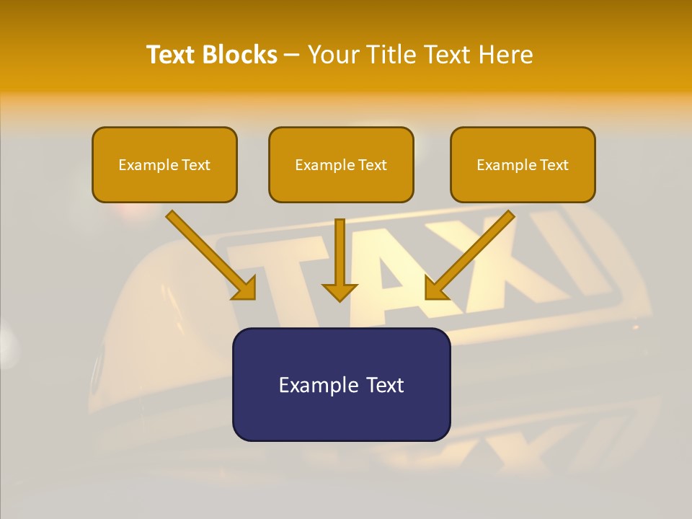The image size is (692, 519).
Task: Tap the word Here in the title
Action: tap(507, 55)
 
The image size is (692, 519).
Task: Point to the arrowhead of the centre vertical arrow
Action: tap(340, 293)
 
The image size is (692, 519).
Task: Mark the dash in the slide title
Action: tap(292, 56)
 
